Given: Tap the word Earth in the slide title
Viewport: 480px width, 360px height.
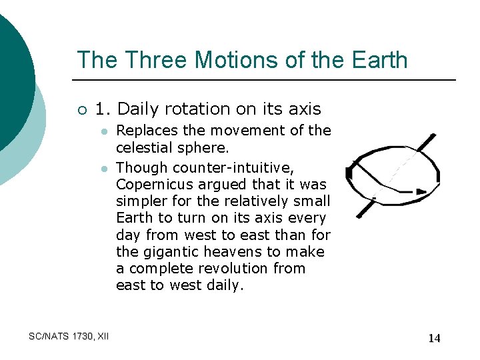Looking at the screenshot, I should pyautogui.click(x=376, y=60).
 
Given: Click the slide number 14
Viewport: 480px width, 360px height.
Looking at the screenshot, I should pyautogui.click(x=434, y=338).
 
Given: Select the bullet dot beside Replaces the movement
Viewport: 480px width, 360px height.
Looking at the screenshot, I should pyautogui.click(x=104, y=131).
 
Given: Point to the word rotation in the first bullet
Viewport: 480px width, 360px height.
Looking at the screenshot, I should pyautogui.click(x=193, y=109).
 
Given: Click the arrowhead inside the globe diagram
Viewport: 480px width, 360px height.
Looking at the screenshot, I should pyautogui.click(x=420, y=191).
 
